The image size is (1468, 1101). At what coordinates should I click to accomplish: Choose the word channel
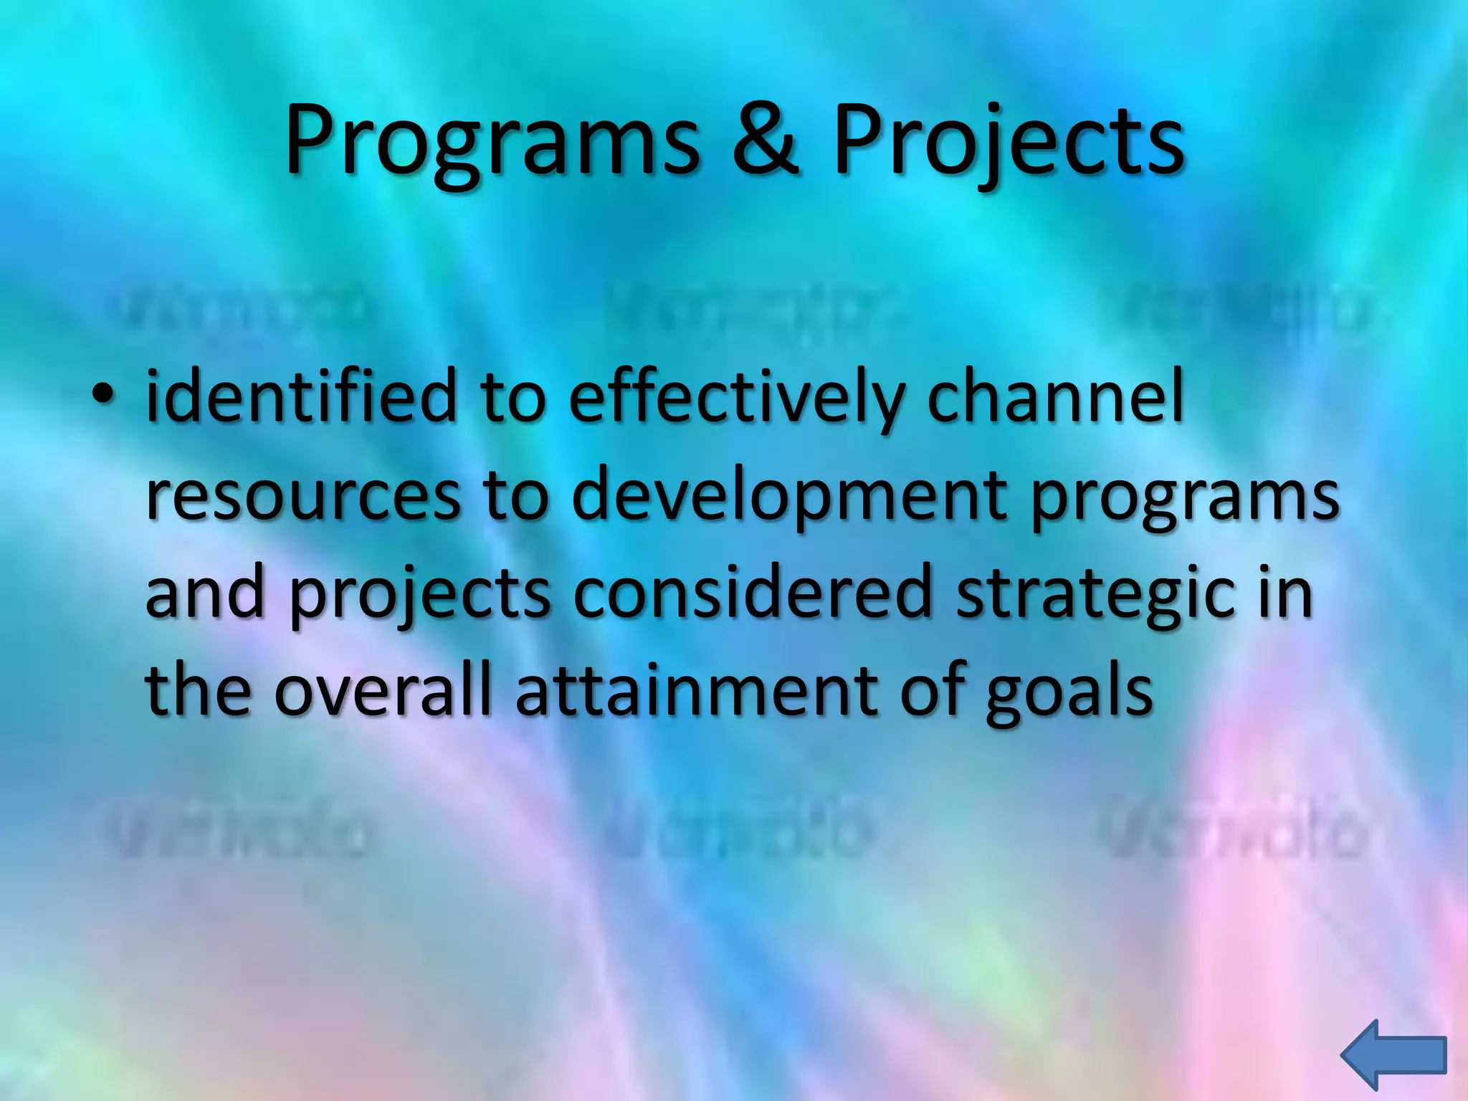tap(1055, 396)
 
